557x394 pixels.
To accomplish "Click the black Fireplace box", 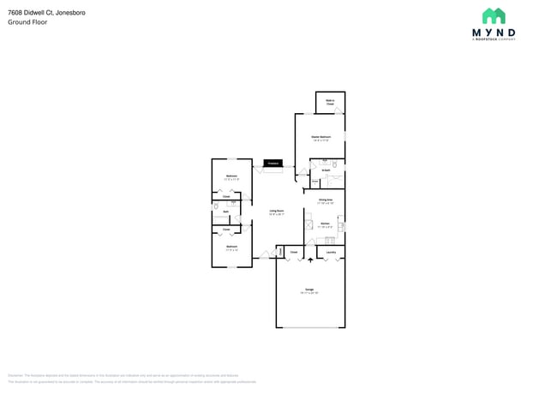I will pos(273,163).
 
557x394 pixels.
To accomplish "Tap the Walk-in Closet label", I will pos(330,102).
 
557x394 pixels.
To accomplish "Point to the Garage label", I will pos(309,290).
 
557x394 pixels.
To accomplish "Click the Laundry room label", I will pos(331,253).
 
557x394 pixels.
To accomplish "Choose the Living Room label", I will pos(277,212).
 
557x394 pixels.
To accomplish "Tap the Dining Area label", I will pos(325,201).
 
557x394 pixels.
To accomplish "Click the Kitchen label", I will pos(326,224).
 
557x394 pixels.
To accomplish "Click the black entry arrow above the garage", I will pos(310,259).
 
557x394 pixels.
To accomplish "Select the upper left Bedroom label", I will pos(231,177).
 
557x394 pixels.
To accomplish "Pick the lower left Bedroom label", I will pos(231,247).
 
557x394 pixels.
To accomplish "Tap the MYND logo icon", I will pos(494,16).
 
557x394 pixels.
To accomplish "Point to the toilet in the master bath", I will pos(335,164).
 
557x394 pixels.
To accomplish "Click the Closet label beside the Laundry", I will pos(293,253).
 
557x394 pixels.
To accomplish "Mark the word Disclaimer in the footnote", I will pos(15,375).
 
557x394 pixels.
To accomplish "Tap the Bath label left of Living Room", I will pos(225,212).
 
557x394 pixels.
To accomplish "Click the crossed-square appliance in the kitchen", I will pos(309,225).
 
